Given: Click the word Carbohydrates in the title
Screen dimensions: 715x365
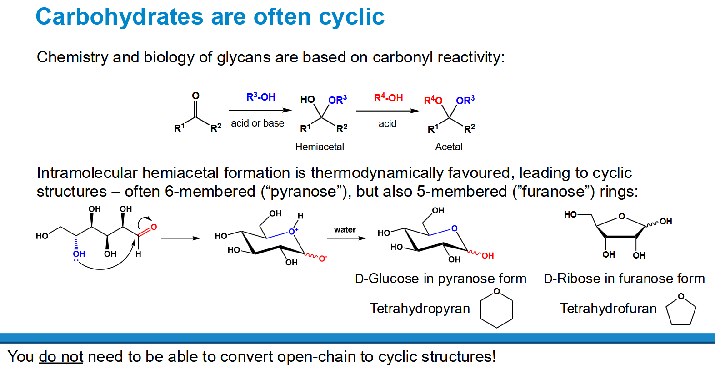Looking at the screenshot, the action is tap(120, 17).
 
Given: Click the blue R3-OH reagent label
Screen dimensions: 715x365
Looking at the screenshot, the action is tap(261, 97).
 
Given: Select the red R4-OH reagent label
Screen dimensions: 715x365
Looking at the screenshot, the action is tap(389, 97).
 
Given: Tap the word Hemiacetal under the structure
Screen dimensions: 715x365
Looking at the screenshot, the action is tap(320, 147).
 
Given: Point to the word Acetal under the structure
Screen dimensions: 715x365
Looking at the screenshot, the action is tap(449, 147).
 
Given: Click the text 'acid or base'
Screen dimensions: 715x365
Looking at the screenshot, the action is tap(258, 123).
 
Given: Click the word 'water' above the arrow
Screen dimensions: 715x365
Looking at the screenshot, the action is tap(345, 229).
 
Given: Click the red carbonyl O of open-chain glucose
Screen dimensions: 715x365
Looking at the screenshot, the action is tap(154, 227).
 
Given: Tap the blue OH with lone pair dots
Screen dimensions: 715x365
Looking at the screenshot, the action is tap(79, 255).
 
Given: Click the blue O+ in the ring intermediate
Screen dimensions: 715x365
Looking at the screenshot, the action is tap(293, 231).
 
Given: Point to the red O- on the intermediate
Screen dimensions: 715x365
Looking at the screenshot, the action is tap(323, 258).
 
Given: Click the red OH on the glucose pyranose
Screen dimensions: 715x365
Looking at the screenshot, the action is tap(488, 256).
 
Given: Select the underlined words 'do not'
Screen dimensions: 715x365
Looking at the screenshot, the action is tap(61, 356).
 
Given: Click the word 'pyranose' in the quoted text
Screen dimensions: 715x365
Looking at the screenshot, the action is tap(303, 192).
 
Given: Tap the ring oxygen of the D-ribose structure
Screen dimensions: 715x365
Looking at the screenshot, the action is tap(621, 216).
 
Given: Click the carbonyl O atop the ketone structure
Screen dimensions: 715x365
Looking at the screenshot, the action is tap(195, 96).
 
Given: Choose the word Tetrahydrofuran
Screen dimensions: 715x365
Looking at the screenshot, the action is tap(608, 309).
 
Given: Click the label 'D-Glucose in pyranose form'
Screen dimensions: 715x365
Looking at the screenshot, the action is tap(440, 279).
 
